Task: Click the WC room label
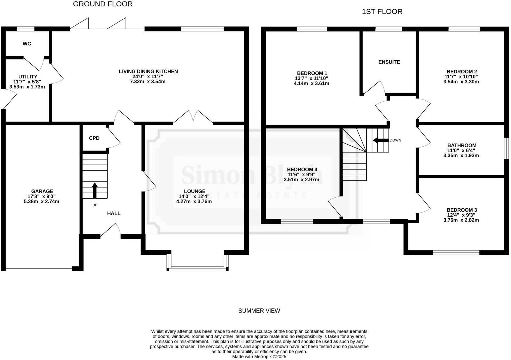point(27,44)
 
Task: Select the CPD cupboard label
point(94,138)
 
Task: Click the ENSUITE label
point(389,62)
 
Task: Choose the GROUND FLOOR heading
point(103,4)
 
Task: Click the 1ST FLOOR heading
point(382,12)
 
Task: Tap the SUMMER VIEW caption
point(259,311)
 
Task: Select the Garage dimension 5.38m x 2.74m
point(41,201)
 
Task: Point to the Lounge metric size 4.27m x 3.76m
point(194,201)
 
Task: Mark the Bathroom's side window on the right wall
point(507,148)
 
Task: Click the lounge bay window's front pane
point(197,269)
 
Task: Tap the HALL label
point(114,213)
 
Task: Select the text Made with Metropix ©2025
point(259,357)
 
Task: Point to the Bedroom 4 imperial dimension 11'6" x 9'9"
point(302,175)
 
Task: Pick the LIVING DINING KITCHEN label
point(148,71)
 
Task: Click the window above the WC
point(25,29)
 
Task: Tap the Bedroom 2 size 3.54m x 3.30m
point(461,82)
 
